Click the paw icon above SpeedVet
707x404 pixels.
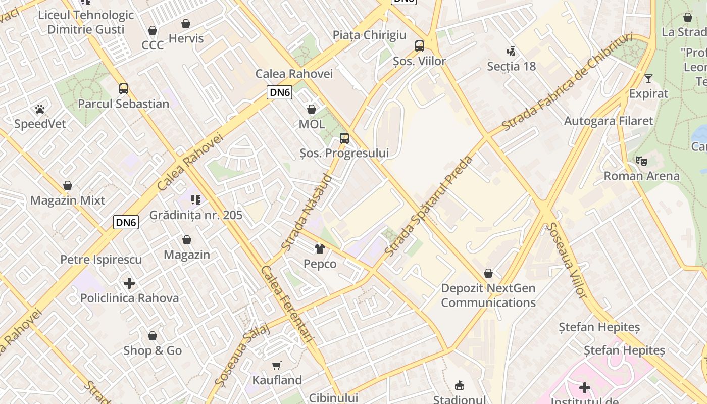click(x=40, y=109)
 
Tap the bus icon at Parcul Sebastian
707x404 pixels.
click(x=124, y=89)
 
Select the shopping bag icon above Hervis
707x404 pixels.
click(x=186, y=24)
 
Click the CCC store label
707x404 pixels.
click(x=153, y=45)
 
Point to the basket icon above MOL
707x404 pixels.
click(x=312, y=109)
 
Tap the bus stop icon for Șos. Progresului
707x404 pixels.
click(x=344, y=138)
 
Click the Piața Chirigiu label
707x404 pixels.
click(x=369, y=35)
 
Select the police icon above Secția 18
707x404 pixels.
click(x=511, y=51)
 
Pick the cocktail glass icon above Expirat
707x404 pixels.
click(x=648, y=79)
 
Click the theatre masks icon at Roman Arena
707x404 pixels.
click(x=641, y=161)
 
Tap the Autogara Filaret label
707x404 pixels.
click(x=608, y=121)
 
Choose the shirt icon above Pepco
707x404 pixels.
click(x=320, y=248)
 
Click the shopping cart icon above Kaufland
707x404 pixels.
click(x=277, y=365)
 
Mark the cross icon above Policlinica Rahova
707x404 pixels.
click(x=129, y=283)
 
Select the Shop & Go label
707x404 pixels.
click(x=153, y=350)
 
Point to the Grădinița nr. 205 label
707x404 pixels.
click(x=196, y=215)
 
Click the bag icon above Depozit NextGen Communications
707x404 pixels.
click(x=488, y=273)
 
